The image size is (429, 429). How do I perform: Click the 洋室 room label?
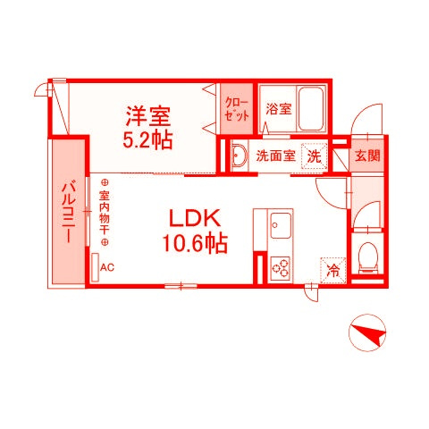(148, 116)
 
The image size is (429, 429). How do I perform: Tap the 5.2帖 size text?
(147, 140)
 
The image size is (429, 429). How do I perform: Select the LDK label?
(195, 218)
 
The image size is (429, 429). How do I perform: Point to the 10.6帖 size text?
(195, 243)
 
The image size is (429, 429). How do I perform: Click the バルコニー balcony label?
(69, 212)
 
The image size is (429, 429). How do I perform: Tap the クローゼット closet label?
(237, 110)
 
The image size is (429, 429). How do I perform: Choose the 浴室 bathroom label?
(278, 109)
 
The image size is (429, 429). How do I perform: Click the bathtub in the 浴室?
(311, 109)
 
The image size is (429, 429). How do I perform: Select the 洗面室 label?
(275, 156)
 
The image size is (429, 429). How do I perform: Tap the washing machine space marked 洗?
(314, 156)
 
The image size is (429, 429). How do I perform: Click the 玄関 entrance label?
(367, 156)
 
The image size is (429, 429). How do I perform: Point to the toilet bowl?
(368, 257)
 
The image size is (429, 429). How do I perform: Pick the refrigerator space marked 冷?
(333, 270)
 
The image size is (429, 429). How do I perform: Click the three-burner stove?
(281, 267)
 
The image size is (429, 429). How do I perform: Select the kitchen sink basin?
(281, 225)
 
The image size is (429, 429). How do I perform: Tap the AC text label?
(107, 267)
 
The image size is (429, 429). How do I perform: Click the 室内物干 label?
(105, 212)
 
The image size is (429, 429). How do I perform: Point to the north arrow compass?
(367, 332)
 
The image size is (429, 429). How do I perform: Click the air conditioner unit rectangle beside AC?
(95, 267)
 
